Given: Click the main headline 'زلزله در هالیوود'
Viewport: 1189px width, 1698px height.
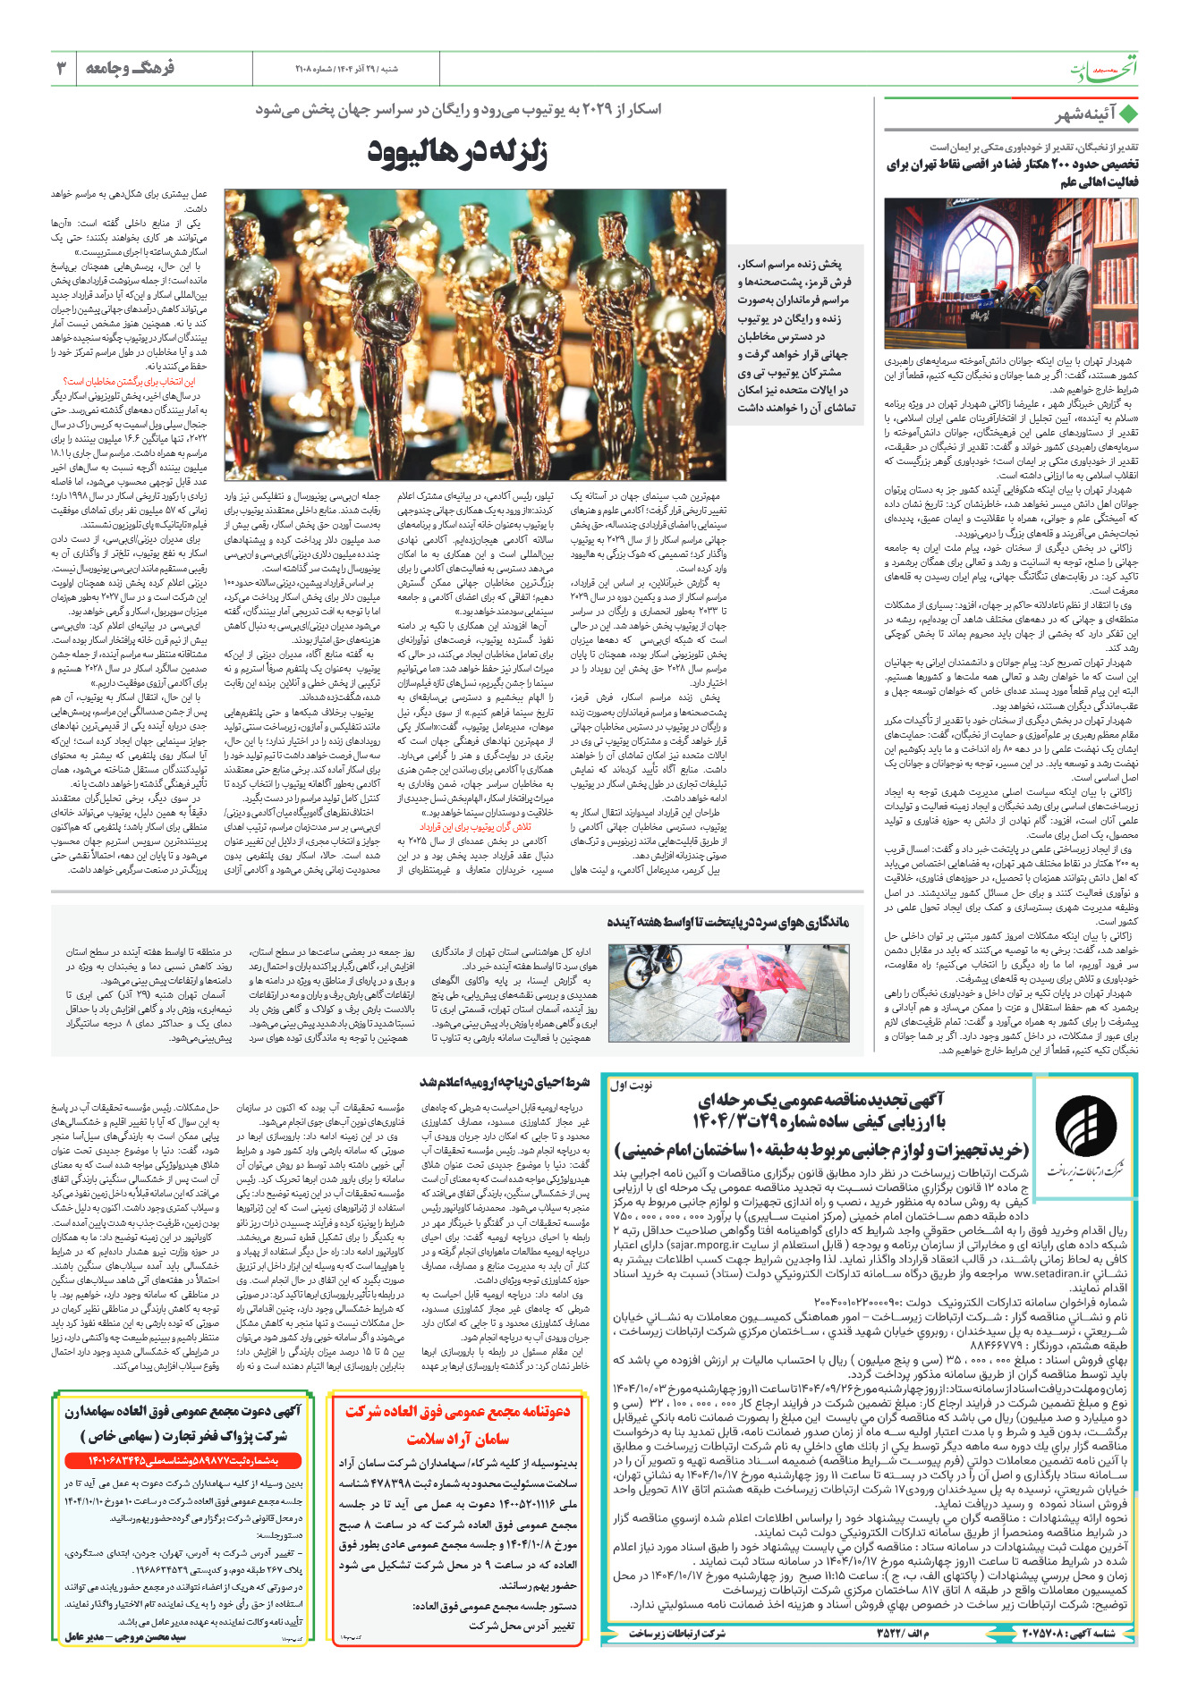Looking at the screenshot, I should click(457, 152).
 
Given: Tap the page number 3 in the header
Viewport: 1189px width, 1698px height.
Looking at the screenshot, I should click(62, 68).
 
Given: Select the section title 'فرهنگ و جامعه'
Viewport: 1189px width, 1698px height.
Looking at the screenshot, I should click(130, 68).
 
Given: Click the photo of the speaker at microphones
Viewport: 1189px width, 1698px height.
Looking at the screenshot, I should click(1011, 273).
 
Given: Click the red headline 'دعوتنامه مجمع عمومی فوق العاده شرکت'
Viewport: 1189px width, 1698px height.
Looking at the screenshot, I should click(457, 1412).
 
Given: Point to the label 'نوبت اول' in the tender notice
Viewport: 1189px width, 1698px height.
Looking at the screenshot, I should click(632, 1086).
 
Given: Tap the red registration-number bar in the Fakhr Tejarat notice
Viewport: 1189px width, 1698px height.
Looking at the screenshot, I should click(183, 1460).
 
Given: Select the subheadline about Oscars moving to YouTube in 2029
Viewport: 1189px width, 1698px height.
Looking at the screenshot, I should click(458, 109).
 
